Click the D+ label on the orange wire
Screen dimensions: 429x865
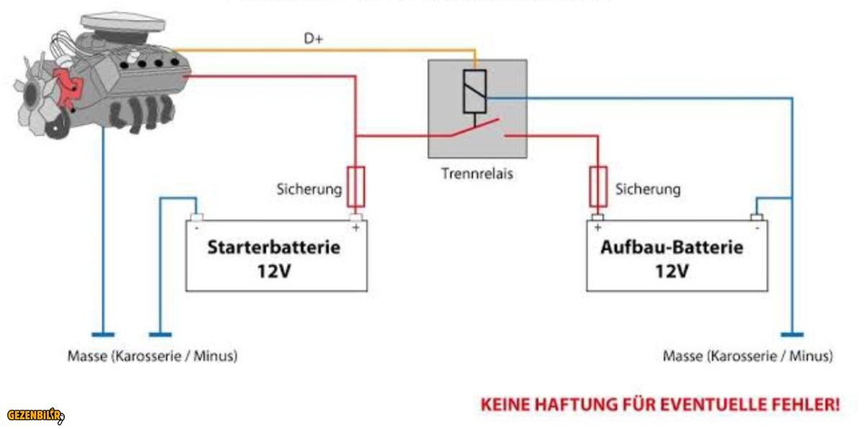tap(314, 40)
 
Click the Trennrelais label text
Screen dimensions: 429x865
tap(477, 173)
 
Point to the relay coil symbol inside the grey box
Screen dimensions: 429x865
tap(474, 91)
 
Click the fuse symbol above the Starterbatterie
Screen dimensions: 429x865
tap(355, 186)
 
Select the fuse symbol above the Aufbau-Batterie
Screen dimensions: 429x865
tap(598, 186)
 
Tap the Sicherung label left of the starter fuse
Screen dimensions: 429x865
tap(309, 189)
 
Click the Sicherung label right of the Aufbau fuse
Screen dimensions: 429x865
tap(647, 189)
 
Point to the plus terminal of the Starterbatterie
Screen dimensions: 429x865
tap(355, 217)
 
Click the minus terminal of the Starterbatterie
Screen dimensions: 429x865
tap(196, 217)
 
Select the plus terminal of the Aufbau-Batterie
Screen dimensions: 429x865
tap(598, 217)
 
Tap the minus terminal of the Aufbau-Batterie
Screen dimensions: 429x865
tap(756, 217)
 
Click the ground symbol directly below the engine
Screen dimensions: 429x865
tap(103, 333)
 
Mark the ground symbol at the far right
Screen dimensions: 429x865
tap(791, 333)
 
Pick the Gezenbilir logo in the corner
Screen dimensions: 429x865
tap(35, 415)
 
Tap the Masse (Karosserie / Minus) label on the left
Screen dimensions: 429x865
tap(152, 356)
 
